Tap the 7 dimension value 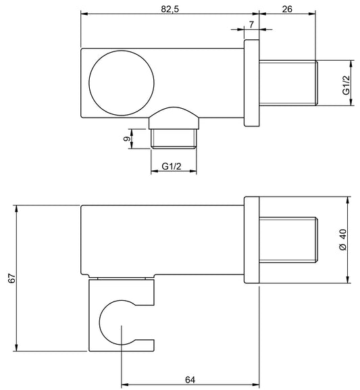click(x=252, y=24)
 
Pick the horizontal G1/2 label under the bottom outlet click(x=174, y=166)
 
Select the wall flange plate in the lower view click(x=251, y=240)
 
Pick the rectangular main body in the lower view click(x=162, y=240)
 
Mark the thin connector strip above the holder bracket click(x=122, y=277)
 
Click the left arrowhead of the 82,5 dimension click(x=84, y=13)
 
